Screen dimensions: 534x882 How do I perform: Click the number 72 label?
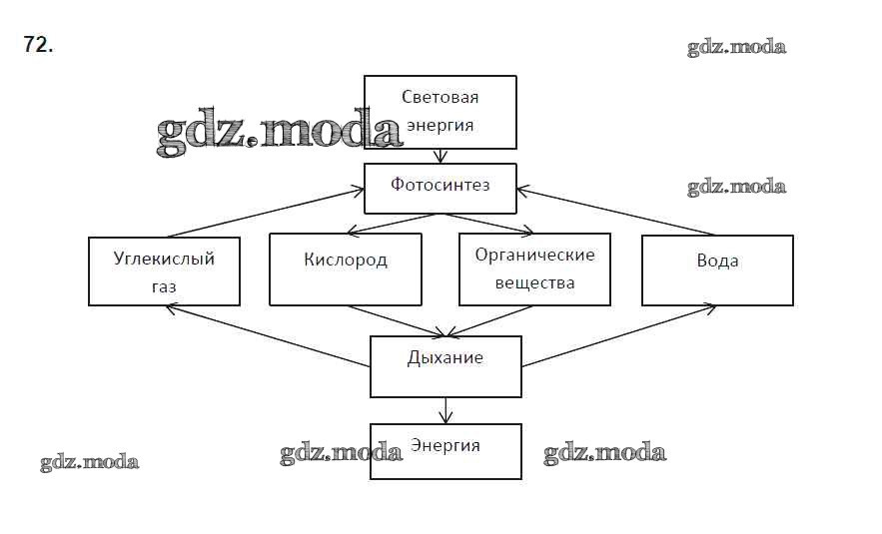tap(38, 46)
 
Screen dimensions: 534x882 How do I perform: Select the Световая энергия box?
tap(441, 111)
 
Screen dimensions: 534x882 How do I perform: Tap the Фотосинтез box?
tap(441, 188)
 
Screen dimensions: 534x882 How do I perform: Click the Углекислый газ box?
tap(164, 270)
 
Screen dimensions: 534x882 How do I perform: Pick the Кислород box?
tap(346, 269)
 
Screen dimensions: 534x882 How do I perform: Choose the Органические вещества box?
tap(534, 269)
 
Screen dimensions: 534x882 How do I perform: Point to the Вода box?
tap(717, 269)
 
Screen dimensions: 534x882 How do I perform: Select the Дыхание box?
tap(445, 365)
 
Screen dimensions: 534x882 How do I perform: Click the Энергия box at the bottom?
tap(445, 451)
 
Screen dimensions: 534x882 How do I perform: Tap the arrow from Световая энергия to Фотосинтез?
tap(441, 156)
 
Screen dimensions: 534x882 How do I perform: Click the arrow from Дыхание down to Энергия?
tap(445, 410)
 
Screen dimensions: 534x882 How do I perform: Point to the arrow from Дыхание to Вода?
tap(619, 336)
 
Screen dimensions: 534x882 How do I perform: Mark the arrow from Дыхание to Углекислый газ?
tap(265, 335)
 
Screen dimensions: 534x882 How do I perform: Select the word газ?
tap(165, 286)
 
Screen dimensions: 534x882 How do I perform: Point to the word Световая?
tap(441, 97)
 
